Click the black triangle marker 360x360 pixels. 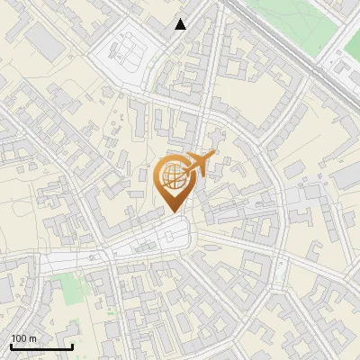[x=181, y=24]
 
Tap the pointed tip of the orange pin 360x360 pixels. [x=174, y=212]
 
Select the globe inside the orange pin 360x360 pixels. [x=174, y=176]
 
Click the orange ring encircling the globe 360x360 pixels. [x=160, y=177]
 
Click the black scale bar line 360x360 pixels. [x=41, y=346]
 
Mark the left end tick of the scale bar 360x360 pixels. [x=11, y=346]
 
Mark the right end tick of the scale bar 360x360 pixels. [x=72, y=346]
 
